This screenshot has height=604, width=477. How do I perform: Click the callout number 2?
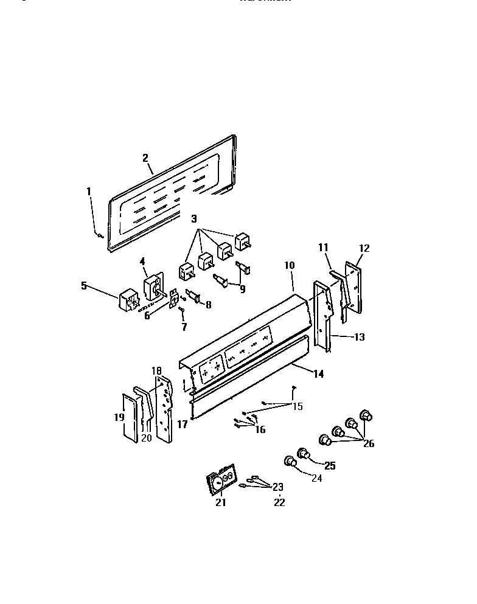[145, 158]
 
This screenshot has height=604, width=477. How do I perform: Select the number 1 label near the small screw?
[89, 191]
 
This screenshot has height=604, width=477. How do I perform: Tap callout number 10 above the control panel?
[289, 265]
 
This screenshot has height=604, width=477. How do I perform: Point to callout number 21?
[220, 502]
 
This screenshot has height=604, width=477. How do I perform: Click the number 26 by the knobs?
[368, 443]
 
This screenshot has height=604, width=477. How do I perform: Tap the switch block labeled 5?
[129, 302]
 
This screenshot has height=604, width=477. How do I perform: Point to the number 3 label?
[194, 218]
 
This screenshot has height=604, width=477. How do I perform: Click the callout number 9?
[242, 290]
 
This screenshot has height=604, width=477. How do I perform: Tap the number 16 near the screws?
[260, 429]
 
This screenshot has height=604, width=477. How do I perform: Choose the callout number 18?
[156, 370]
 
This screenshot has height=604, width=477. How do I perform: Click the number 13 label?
[360, 336]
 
